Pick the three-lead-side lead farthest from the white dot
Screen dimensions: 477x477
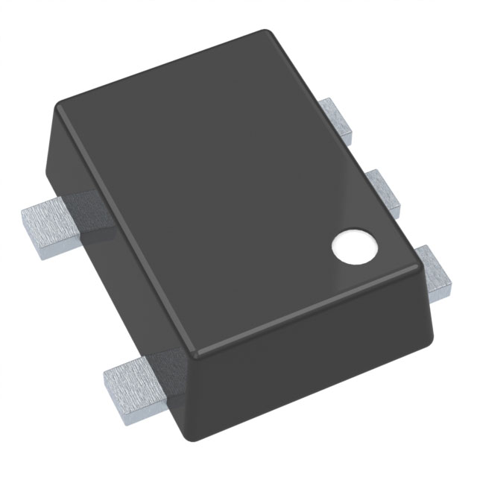[338, 119]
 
